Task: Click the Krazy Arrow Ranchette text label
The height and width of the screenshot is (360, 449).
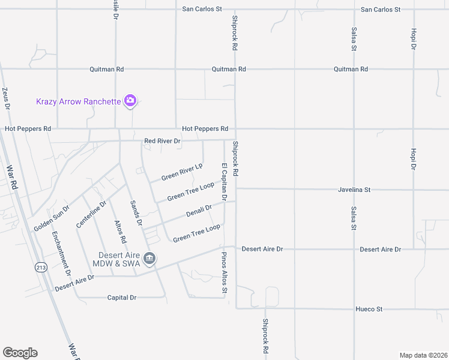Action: point(78,101)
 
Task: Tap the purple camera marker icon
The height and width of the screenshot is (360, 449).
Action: point(130,101)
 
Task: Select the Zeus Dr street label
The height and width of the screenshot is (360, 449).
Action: point(7,98)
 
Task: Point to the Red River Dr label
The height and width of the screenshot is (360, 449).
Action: point(162,141)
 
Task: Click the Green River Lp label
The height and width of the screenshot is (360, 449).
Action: point(182,172)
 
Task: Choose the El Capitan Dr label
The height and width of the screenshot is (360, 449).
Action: point(224,181)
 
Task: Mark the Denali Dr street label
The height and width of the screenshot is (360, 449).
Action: point(199,211)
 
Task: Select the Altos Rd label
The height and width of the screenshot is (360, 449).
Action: point(121,231)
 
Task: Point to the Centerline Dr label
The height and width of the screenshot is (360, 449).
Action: point(91,214)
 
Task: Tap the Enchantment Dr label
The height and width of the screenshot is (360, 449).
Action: point(61,254)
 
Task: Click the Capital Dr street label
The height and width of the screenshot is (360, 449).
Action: point(122,298)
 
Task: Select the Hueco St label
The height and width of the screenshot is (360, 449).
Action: point(370,309)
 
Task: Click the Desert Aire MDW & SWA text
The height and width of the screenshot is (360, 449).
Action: point(119,259)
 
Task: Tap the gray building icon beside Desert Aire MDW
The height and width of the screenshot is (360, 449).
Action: point(150,259)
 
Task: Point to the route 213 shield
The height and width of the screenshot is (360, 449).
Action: point(41,268)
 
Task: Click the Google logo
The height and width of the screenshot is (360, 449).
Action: point(20,353)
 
